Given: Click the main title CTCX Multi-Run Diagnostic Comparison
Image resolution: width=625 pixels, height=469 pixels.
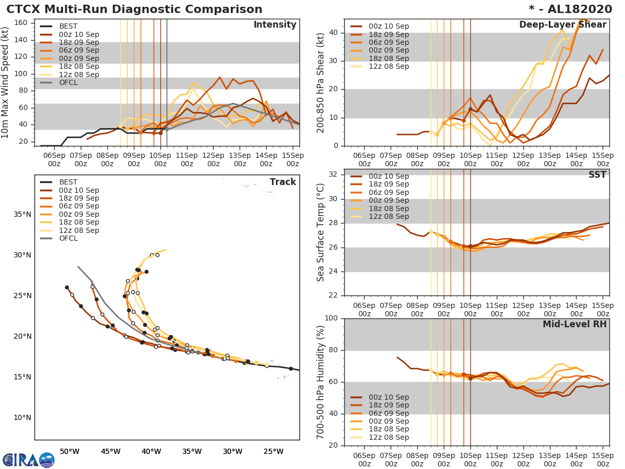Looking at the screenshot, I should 134,9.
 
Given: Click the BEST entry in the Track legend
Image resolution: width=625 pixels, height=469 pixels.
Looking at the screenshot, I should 68,182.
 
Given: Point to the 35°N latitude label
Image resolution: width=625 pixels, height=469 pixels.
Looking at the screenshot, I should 22,214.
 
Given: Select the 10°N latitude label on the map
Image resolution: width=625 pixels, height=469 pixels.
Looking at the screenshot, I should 22,417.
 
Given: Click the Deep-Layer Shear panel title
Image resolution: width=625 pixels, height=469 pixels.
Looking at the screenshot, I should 562,25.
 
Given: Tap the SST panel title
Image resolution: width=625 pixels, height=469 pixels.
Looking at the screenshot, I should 597,175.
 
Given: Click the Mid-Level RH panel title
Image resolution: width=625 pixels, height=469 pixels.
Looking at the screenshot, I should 574,324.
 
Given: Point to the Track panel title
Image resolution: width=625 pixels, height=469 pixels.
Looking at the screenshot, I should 282,182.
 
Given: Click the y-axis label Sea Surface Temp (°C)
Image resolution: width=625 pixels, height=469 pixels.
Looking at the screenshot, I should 321,232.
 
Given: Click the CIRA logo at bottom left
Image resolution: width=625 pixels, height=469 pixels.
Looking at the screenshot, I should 28,460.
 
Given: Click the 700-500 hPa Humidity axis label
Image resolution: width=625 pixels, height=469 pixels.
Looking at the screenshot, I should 321,381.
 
